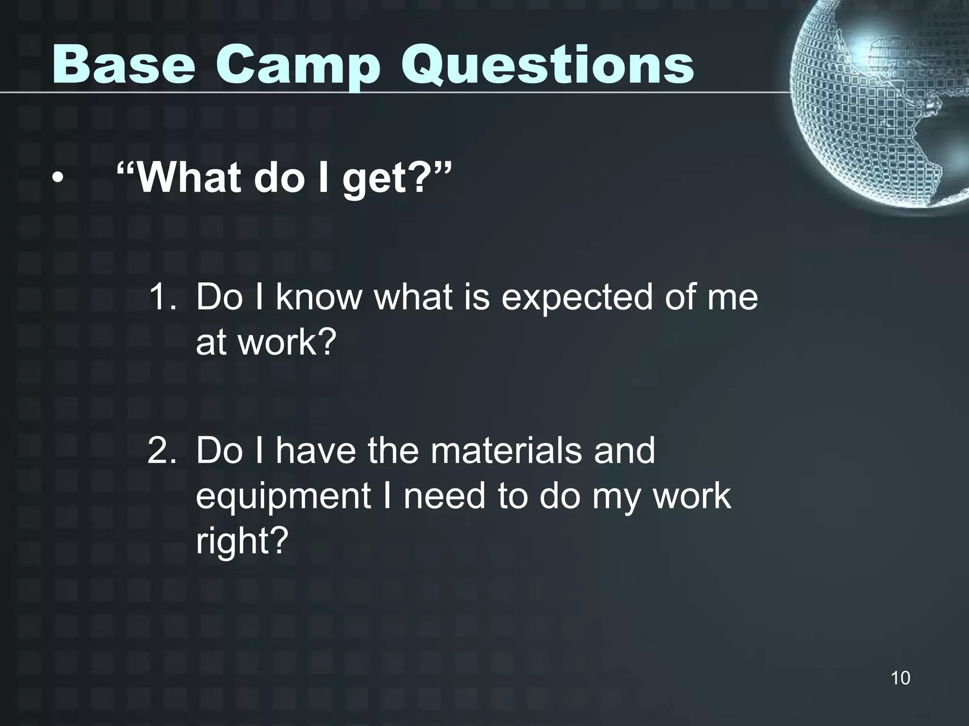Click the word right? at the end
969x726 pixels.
[x=242, y=541]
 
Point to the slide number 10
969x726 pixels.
[x=900, y=678]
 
